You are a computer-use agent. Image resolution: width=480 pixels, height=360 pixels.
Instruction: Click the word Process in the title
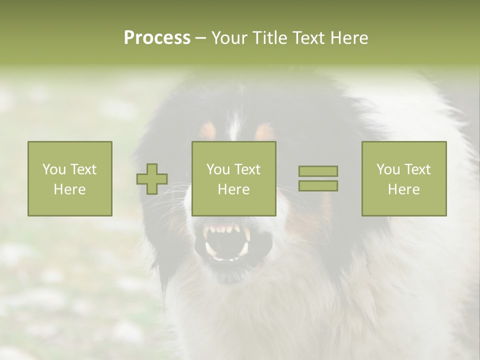(x=157, y=38)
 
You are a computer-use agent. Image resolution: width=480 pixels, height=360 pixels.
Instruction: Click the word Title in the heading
(x=268, y=38)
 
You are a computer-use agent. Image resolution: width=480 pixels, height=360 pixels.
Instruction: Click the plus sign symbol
(x=152, y=179)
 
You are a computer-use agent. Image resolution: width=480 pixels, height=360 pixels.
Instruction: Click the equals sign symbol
(x=318, y=178)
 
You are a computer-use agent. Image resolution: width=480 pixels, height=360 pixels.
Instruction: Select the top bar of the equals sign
(x=318, y=171)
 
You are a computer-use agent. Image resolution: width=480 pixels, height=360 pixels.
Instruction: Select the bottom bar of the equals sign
(x=318, y=186)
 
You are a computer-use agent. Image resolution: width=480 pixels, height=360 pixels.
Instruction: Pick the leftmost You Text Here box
(x=69, y=178)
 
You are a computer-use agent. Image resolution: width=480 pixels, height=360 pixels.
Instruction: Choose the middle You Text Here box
(x=233, y=178)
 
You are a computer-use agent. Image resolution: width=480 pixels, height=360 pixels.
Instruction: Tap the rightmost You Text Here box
(x=403, y=178)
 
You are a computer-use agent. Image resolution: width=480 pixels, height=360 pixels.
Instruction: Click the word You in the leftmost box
(x=53, y=169)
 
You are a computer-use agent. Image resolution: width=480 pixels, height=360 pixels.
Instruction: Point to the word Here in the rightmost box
(x=403, y=189)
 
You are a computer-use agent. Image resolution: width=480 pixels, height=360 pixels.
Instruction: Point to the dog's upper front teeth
(x=227, y=229)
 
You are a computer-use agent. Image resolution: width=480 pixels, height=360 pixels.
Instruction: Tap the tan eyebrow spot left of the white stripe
(x=207, y=131)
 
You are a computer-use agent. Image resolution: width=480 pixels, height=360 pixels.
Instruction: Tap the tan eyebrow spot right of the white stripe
(x=264, y=131)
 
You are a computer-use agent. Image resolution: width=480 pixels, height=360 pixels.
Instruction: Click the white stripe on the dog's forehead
(x=234, y=125)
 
